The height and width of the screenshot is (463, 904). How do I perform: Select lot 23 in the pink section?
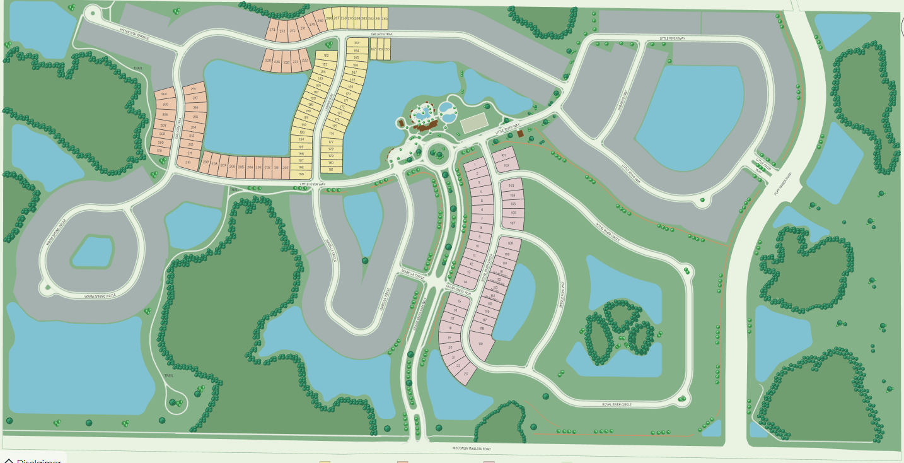click(466, 374)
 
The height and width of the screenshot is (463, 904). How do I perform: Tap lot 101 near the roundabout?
click(503, 155)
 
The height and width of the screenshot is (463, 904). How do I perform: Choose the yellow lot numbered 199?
click(301, 174)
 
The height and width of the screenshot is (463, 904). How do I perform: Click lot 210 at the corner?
click(188, 162)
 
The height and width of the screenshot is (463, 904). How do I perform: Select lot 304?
click(164, 94)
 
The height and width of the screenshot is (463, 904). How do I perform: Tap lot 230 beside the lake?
click(286, 62)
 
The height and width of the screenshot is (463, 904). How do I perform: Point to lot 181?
click(330, 169)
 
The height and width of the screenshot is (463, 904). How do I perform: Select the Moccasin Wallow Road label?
click(471, 449)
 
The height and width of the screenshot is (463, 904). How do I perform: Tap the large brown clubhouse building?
click(429, 127)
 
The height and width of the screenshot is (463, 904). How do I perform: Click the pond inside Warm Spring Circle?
click(93, 251)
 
